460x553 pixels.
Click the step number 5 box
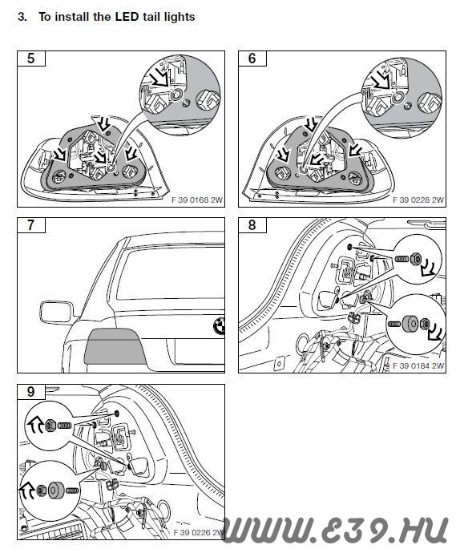click(31, 59)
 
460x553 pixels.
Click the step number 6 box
click(252, 59)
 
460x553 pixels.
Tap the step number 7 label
click(31, 225)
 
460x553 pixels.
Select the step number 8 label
click(252, 225)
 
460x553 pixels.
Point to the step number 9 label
click(31, 392)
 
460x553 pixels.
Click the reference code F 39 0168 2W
click(197, 200)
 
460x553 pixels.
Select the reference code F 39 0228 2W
click(418, 200)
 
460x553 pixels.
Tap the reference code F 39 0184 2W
click(418, 366)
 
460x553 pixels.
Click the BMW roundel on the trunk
click(220, 325)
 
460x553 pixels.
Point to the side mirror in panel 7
click(57, 312)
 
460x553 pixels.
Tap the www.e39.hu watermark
click(335, 530)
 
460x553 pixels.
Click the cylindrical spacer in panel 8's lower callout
click(410, 324)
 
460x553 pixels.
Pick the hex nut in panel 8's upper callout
click(416, 259)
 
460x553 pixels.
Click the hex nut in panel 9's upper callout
click(50, 426)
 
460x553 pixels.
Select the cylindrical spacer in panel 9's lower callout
click(56, 490)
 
